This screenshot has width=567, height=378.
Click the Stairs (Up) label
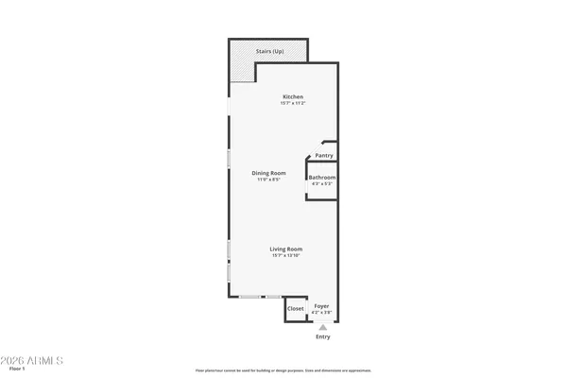point(270,51)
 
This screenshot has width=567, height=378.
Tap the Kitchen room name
point(293,96)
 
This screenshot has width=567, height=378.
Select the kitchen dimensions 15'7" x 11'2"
point(293,103)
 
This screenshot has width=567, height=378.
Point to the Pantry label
point(324,156)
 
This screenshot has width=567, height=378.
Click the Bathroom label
point(322,178)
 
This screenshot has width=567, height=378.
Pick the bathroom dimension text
point(322,184)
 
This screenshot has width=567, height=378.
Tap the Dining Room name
point(268,173)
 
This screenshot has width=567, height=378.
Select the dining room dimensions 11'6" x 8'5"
point(268,180)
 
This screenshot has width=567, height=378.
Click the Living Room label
point(286,249)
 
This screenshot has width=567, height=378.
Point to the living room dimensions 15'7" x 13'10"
point(286,256)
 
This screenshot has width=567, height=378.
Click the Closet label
point(296,309)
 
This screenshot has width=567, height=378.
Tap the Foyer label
point(322,306)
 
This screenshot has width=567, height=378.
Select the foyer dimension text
point(322,313)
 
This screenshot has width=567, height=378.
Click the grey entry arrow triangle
point(322,328)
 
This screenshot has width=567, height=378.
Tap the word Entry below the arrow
point(323,337)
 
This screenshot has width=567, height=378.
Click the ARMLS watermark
point(33,361)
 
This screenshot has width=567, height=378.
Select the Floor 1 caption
point(15,370)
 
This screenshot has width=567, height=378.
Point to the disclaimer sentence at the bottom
point(283,370)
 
